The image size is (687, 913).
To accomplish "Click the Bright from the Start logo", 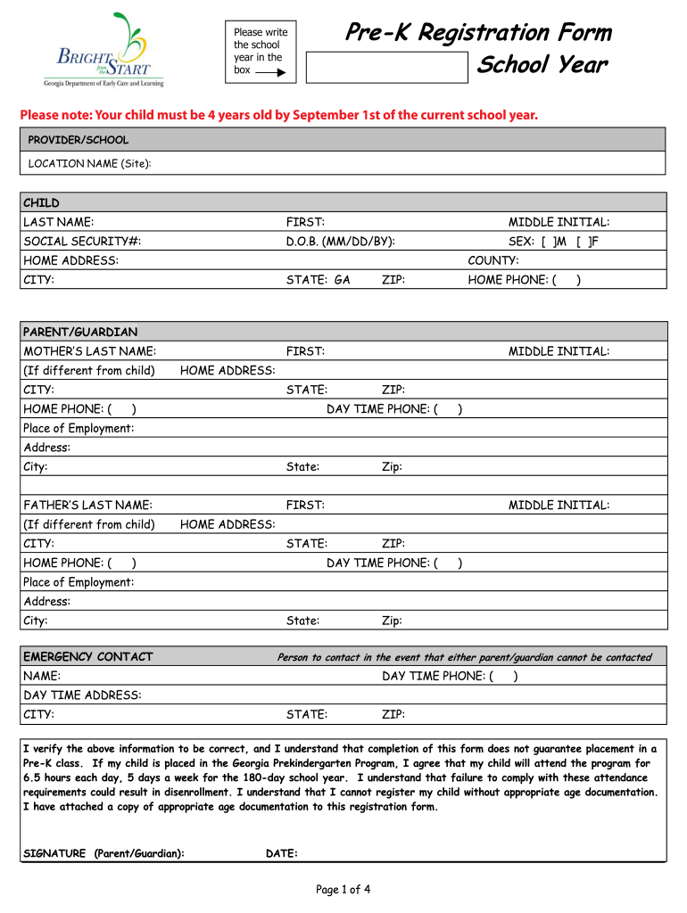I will [x=103, y=49].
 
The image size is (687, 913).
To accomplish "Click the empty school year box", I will [x=386, y=66].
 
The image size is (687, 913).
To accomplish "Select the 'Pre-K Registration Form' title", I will [x=478, y=33].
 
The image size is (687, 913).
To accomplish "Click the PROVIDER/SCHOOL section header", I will [x=79, y=140].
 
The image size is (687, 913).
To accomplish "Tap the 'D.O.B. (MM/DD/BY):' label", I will [x=341, y=242].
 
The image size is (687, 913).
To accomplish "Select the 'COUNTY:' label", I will [x=493, y=260].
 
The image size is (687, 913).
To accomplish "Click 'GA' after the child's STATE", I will [x=343, y=280].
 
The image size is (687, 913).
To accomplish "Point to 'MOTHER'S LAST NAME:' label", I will [x=90, y=351].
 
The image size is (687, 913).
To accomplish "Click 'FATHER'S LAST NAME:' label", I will [x=87, y=505].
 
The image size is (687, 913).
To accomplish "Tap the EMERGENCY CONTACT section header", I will [x=87, y=657].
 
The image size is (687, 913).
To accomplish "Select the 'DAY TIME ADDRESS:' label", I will [x=82, y=695].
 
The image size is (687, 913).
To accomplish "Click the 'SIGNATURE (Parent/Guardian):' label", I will [x=103, y=854].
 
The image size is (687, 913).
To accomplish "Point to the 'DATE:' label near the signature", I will [x=282, y=854].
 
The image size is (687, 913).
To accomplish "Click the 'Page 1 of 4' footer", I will [x=343, y=889].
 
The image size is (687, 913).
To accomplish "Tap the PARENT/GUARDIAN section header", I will [x=80, y=333].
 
